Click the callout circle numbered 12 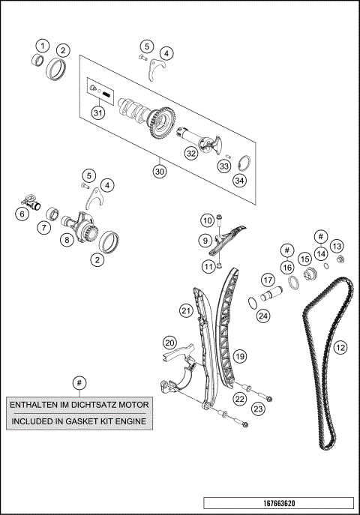point(340,347)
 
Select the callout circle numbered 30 point(159,171)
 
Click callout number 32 point(191,153)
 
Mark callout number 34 point(239,181)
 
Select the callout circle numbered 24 point(262,316)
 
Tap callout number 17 point(268,280)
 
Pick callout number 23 point(257,409)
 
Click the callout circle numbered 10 point(207,220)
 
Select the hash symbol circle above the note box point(78,382)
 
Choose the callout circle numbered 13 point(337,247)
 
